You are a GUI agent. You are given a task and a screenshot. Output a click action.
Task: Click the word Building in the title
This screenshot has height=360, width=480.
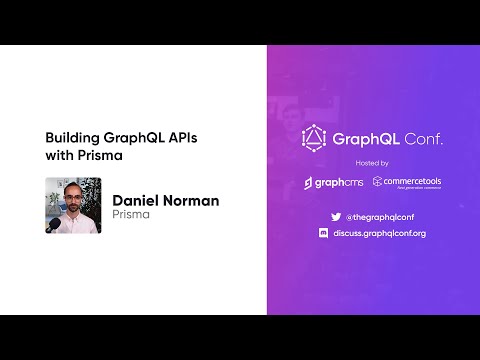(x=69, y=139)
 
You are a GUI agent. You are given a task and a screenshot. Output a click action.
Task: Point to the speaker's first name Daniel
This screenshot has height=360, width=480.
(x=138, y=200)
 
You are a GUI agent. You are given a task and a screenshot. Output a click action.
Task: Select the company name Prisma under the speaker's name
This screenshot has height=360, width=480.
(x=130, y=214)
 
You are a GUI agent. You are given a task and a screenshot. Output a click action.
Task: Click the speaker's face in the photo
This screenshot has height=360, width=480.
(x=72, y=199)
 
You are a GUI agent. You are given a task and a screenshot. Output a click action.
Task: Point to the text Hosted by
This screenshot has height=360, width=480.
(x=371, y=162)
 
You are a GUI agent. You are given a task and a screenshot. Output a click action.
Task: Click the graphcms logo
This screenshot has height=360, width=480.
(x=335, y=183)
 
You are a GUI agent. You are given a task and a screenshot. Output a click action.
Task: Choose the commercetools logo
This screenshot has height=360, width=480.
(x=407, y=183)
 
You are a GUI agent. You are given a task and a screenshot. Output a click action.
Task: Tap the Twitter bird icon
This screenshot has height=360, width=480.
(x=335, y=216)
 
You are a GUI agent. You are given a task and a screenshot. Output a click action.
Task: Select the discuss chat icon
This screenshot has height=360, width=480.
(x=335, y=233)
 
